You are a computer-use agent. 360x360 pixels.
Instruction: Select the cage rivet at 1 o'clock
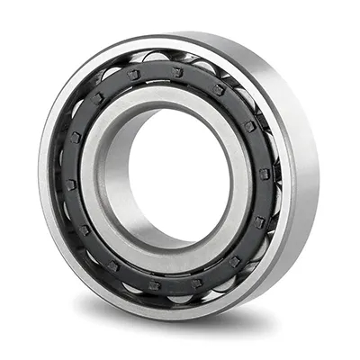219,89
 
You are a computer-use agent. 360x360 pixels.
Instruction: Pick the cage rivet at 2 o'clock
248,126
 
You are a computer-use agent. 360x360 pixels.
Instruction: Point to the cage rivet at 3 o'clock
264,174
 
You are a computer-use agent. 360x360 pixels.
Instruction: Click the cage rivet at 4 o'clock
258,222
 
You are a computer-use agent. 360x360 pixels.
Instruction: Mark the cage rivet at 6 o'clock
154,285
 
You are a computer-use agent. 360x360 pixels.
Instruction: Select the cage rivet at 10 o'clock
76,137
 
